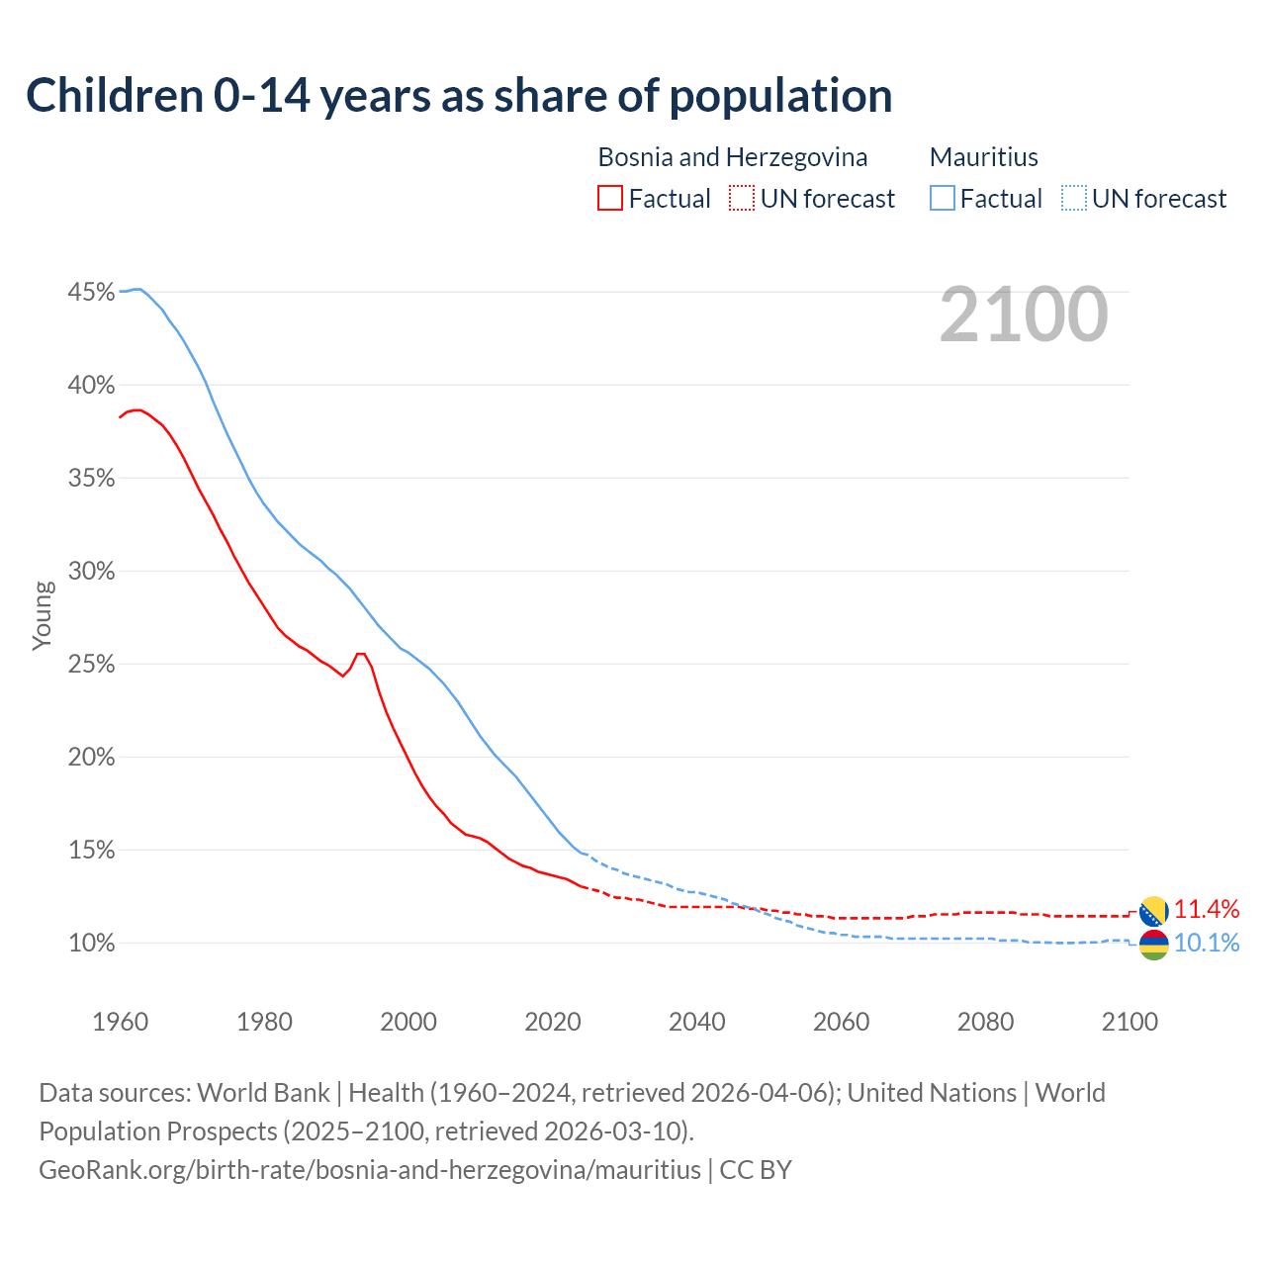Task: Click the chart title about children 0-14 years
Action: [459, 96]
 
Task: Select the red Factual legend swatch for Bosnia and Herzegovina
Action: [610, 199]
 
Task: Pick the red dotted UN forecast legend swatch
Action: [742, 199]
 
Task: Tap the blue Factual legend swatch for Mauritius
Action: [943, 199]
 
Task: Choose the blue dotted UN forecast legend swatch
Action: [1073, 199]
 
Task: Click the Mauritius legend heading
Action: [984, 157]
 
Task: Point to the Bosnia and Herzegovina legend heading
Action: [733, 157]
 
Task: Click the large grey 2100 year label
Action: [1024, 315]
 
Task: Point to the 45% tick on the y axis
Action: [91, 292]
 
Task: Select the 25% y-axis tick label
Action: [91, 664]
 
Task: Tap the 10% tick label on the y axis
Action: [91, 943]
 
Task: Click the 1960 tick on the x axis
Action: [121, 1021]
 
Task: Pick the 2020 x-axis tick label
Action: [553, 1021]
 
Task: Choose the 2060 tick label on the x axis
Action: [841, 1021]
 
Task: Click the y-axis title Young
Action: [43, 615]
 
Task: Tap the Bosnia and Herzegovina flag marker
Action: [1153, 911]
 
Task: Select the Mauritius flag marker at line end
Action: [1153, 945]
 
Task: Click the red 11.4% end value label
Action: [1207, 909]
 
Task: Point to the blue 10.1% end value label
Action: [1207, 943]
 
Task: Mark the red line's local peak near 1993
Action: [361, 654]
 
